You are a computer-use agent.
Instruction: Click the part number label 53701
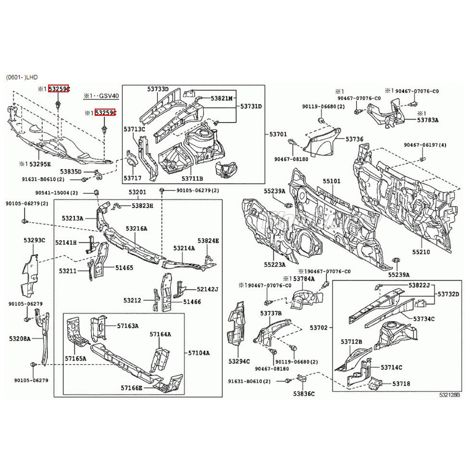(278, 135)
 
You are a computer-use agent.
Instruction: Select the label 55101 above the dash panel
(332, 181)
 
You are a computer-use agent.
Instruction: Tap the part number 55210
(421, 252)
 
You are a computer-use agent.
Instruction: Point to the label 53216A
(137, 228)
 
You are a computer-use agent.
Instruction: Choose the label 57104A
(199, 353)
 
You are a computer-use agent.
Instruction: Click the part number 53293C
(34, 240)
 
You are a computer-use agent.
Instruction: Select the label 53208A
(19, 338)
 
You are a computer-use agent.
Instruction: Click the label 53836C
(304, 393)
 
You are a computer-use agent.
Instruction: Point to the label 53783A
(428, 120)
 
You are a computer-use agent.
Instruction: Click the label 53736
(354, 139)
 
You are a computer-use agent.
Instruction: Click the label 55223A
(276, 265)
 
